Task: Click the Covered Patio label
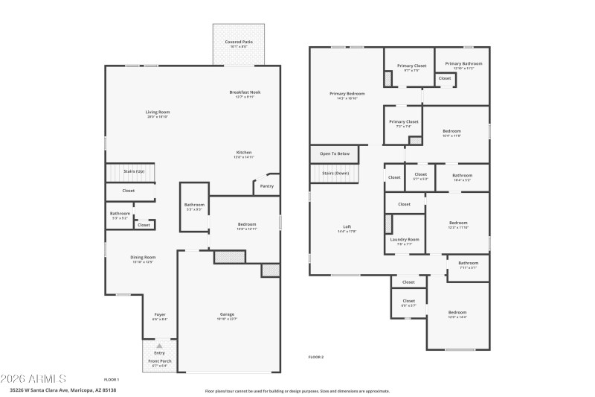(x=239, y=42)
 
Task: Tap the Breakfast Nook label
(x=248, y=92)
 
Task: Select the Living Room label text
(x=158, y=112)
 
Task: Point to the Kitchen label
(x=244, y=152)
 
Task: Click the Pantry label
(x=267, y=186)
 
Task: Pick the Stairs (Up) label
(x=134, y=171)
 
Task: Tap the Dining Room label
(x=144, y=257)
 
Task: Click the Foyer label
(x=160, y=314)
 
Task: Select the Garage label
(x=227, y=314)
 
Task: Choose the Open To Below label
(x=335, y=153)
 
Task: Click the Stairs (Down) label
(x=335, y=173)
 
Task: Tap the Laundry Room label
(x=404, y=239)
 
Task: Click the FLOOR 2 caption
(x=316, y=358)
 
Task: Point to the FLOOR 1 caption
(x=112, y=380)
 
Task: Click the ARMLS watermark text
(x=36, y=378)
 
